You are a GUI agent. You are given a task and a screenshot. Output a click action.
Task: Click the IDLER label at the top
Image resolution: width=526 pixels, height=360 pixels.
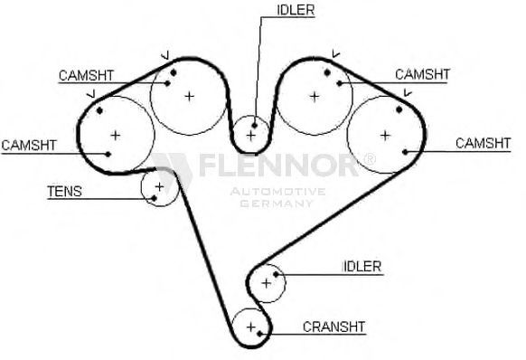(296, 10)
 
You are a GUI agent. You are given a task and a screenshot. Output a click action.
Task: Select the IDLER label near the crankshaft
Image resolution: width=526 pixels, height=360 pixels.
(362, 267)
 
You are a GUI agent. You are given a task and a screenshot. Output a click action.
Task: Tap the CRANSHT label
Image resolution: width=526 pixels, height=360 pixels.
(333, 327)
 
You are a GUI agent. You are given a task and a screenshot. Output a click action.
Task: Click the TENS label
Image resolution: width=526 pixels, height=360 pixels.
(64, 192)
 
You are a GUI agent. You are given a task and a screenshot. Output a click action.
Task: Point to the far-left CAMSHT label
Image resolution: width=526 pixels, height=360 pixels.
(29, 146)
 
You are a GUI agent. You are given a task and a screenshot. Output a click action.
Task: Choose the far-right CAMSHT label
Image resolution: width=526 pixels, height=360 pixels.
(483, 144)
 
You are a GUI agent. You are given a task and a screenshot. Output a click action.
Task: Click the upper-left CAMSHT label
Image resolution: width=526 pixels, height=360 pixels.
(86, 76)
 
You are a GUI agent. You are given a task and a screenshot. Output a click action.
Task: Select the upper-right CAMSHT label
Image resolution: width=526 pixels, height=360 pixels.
(423, 74)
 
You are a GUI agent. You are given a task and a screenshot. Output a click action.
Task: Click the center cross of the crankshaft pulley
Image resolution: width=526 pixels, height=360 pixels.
(251, 327)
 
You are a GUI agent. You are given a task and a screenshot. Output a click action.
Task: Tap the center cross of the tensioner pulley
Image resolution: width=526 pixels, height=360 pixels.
(159, 186)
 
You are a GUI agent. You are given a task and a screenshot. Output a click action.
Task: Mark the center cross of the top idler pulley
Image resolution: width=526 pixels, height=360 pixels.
(250, 136)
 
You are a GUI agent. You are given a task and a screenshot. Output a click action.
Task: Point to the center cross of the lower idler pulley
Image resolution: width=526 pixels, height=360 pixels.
(266, 283)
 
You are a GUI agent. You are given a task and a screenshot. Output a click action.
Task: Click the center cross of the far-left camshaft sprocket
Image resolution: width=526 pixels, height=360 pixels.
(116, 136)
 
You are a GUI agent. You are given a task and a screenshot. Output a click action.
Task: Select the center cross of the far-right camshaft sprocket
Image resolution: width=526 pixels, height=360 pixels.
(385, 136)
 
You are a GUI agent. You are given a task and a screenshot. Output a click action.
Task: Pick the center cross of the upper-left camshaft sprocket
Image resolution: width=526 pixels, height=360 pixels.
(190, 97)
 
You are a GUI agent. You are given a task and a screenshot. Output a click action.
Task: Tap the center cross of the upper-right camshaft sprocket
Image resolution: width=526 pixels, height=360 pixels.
(315, 97)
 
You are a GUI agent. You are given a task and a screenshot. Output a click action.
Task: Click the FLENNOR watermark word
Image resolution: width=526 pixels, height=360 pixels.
(278, 166)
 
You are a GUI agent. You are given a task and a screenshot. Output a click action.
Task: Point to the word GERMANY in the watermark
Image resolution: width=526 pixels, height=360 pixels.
(277, 204)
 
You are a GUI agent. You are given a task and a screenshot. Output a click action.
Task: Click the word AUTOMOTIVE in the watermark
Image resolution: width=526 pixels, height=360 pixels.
(277, 192)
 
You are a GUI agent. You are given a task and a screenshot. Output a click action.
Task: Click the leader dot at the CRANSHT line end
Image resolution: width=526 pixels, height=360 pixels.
(259, 334)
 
